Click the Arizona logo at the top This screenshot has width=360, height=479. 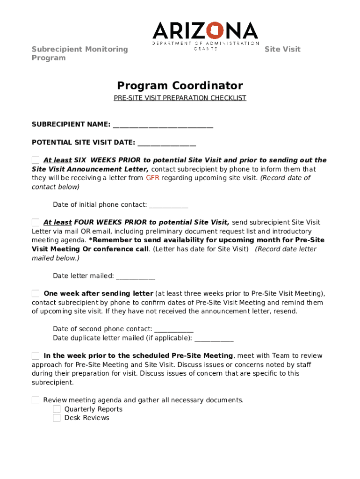tap(205, 34)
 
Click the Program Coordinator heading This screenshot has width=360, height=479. tap(180, 86)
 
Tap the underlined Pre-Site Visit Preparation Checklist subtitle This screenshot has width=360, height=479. tap(180, 98)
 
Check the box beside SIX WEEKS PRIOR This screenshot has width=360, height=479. tap(36, 160)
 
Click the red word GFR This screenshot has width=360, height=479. tap(153, 178)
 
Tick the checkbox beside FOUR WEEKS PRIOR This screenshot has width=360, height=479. tap(36, 222)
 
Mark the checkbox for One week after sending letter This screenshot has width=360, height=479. tap(36, 293)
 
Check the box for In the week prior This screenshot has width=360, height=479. tap(36, 356)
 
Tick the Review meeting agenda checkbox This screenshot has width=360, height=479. tap(36, 400)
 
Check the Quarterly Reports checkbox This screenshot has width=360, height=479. tap(57, 409)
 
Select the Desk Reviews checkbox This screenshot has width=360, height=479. tap(57, 418)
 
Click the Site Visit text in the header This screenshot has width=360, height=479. tap(282, 49)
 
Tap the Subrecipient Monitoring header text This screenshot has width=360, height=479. tap(79, 49)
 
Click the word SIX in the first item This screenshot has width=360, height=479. tap(80, 160)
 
